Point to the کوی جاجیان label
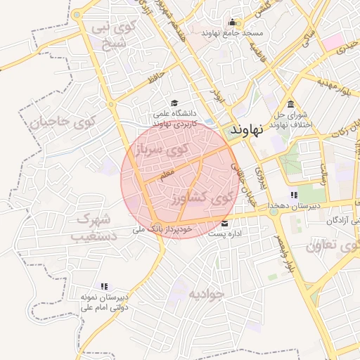click(62, 123)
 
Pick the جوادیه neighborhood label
click(204, 293)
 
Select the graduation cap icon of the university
click(174, 102)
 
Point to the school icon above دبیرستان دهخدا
click(293, 195)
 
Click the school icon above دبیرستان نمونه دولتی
click(104, 286)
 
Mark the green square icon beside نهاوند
click(233, 130)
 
